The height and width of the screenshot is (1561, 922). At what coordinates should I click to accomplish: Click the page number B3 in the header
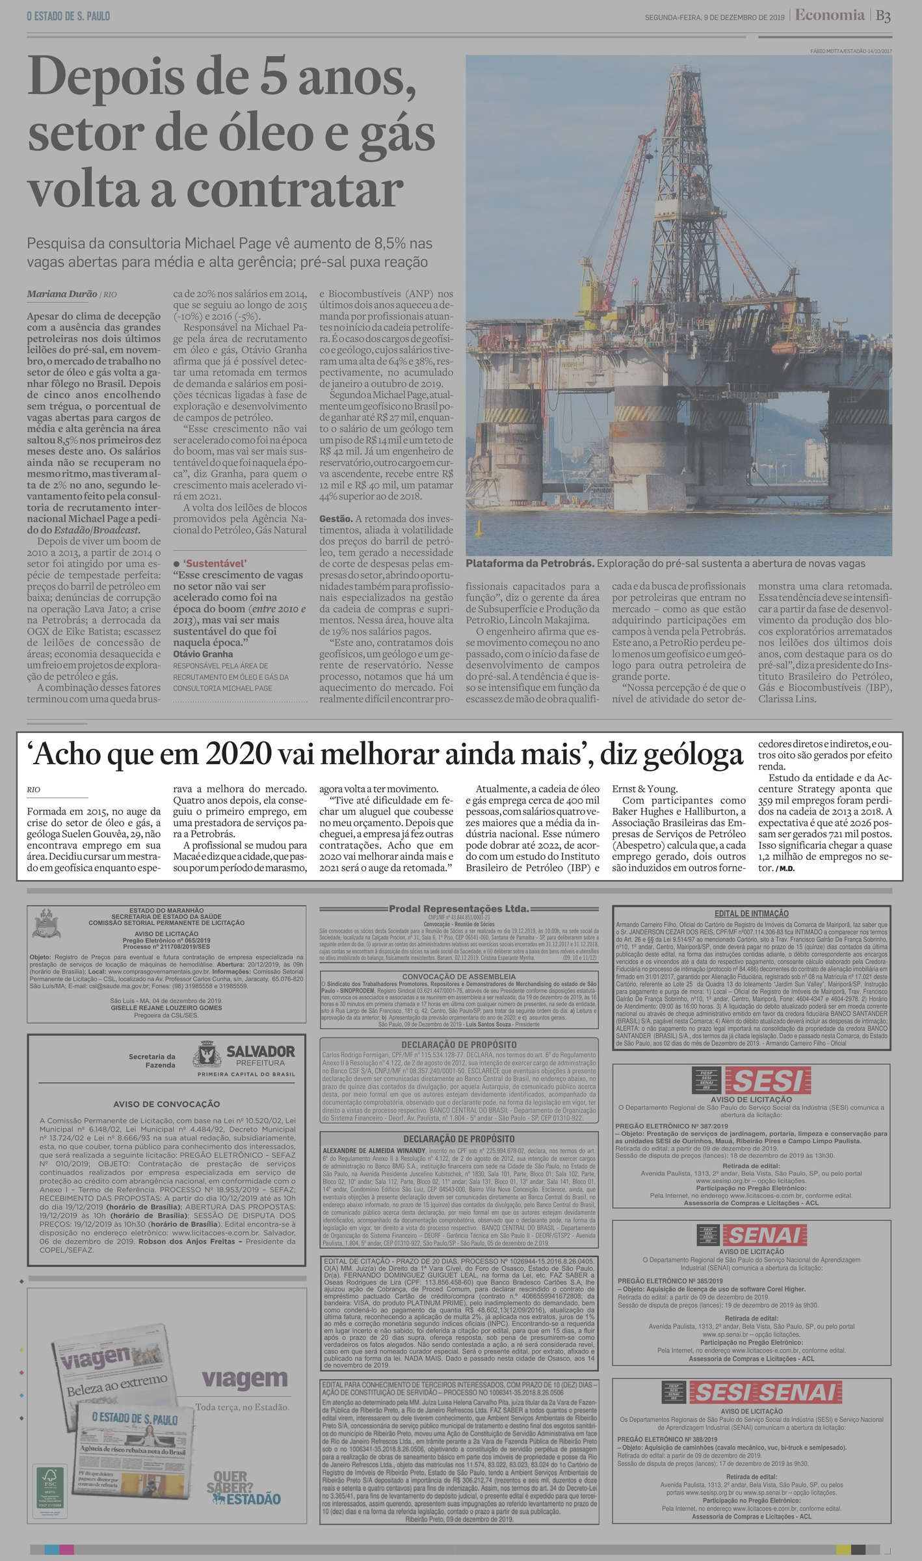[883, 16]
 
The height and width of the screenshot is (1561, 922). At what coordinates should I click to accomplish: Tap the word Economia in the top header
[830, 15]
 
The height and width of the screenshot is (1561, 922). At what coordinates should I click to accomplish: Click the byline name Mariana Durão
[62, 294]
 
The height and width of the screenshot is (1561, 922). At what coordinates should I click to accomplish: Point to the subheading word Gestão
[335, 518]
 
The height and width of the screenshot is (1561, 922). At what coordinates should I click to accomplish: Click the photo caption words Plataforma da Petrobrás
[529, 563]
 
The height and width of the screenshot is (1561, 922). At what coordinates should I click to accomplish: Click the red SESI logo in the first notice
[767, 1080]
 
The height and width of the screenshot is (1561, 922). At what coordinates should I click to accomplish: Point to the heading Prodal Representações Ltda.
[458, 909]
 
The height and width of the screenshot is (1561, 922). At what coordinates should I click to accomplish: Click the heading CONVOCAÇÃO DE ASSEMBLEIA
[458, 976]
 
